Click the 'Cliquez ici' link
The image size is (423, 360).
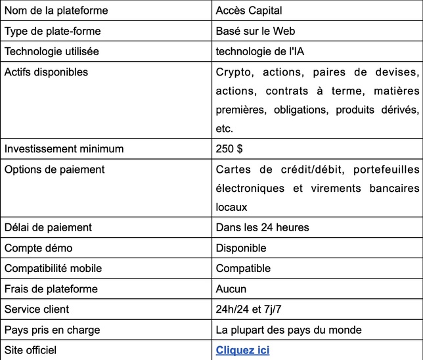[x=242, y=350]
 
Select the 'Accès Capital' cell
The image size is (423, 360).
[x=250, y=11]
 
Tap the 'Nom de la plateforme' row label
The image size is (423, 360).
[x=56, y=11]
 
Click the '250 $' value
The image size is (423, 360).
[x=230, y=149]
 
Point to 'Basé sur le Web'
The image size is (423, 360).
[x=256, y=31]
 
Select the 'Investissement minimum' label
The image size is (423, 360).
[x=64, y=149]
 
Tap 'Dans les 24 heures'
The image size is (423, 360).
[x=262, y=227]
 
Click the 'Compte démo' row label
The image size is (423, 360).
[x=39, y=248]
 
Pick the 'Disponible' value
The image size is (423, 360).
[x=241, y=248]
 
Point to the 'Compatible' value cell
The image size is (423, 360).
[x=243, y=268]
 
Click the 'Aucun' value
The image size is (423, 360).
[x=231, y=288]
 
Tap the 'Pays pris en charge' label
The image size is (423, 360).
[x=53, y=329]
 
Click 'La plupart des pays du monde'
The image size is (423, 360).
[x=289, y=329]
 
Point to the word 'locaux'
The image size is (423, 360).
[x=231, y=207]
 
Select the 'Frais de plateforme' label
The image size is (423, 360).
[x=51, y=288]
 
